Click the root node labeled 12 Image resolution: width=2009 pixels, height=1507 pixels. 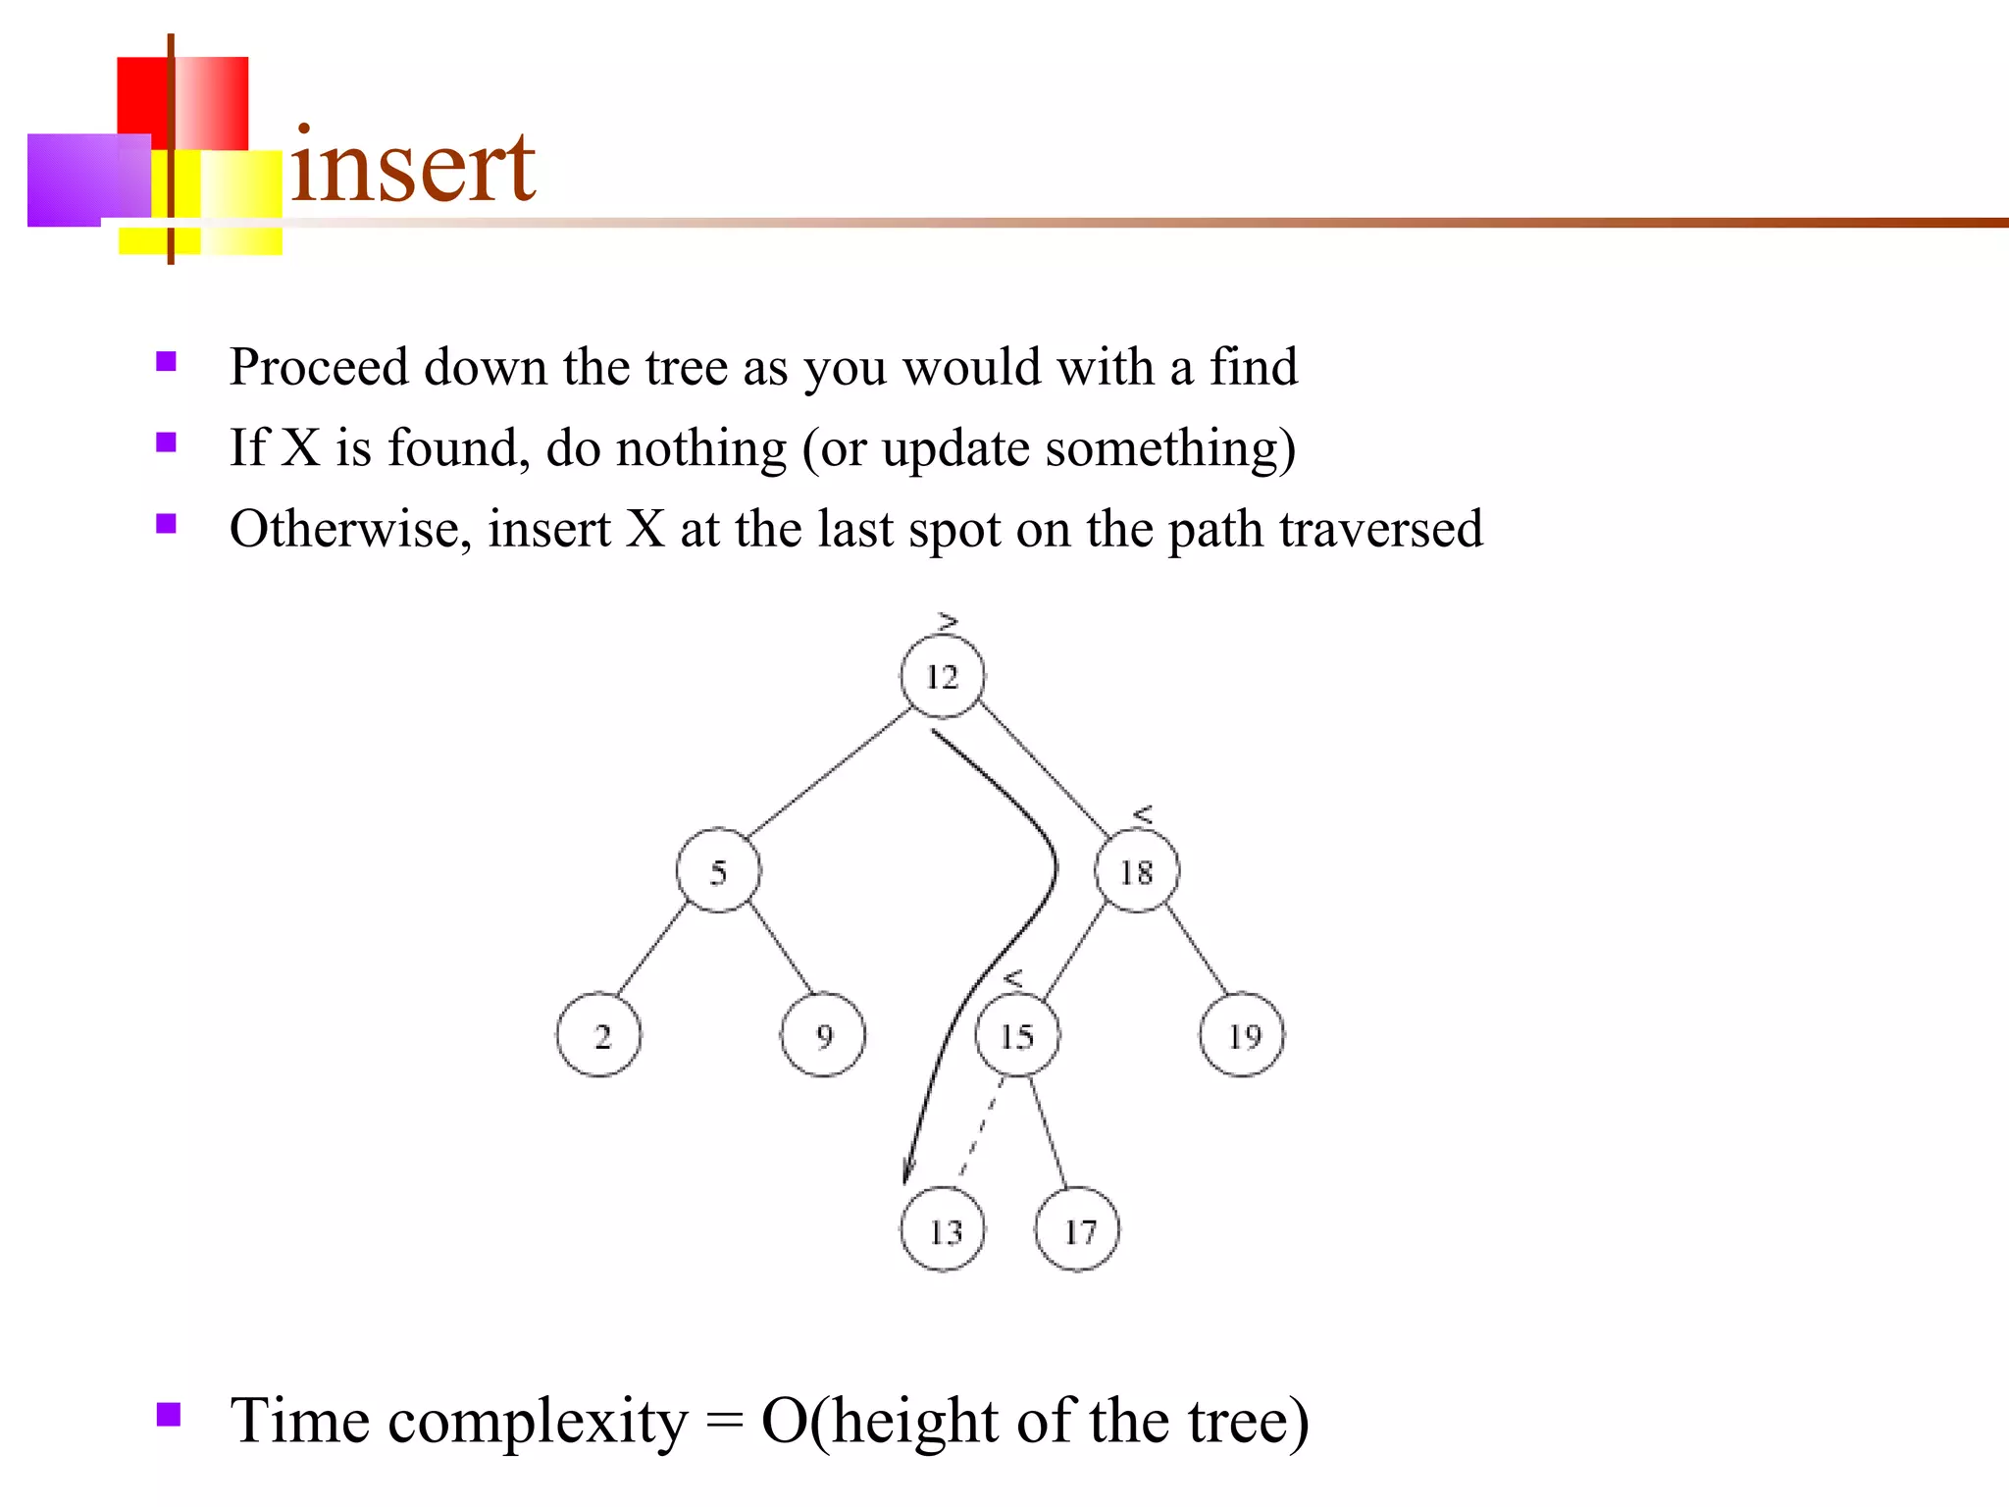pos(942,676)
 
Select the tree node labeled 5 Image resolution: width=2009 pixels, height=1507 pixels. pos(718,871)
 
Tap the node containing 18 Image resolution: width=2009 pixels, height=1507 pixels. pos(1137,871)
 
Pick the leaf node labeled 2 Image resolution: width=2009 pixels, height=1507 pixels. pos(598,1035)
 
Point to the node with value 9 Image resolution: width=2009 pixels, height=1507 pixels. pos(823,1035)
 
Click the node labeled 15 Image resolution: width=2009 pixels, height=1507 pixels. pos(1017,1035)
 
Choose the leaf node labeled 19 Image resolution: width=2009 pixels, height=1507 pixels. pos(1242,1035)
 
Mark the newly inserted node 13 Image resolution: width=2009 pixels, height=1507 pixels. pos(943,1230)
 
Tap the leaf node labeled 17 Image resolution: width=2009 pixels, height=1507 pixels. pos(1077,1230)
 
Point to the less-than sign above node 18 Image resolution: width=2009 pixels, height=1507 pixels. pos(1143,814)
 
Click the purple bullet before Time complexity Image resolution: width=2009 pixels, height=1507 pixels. pos(169,1414)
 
